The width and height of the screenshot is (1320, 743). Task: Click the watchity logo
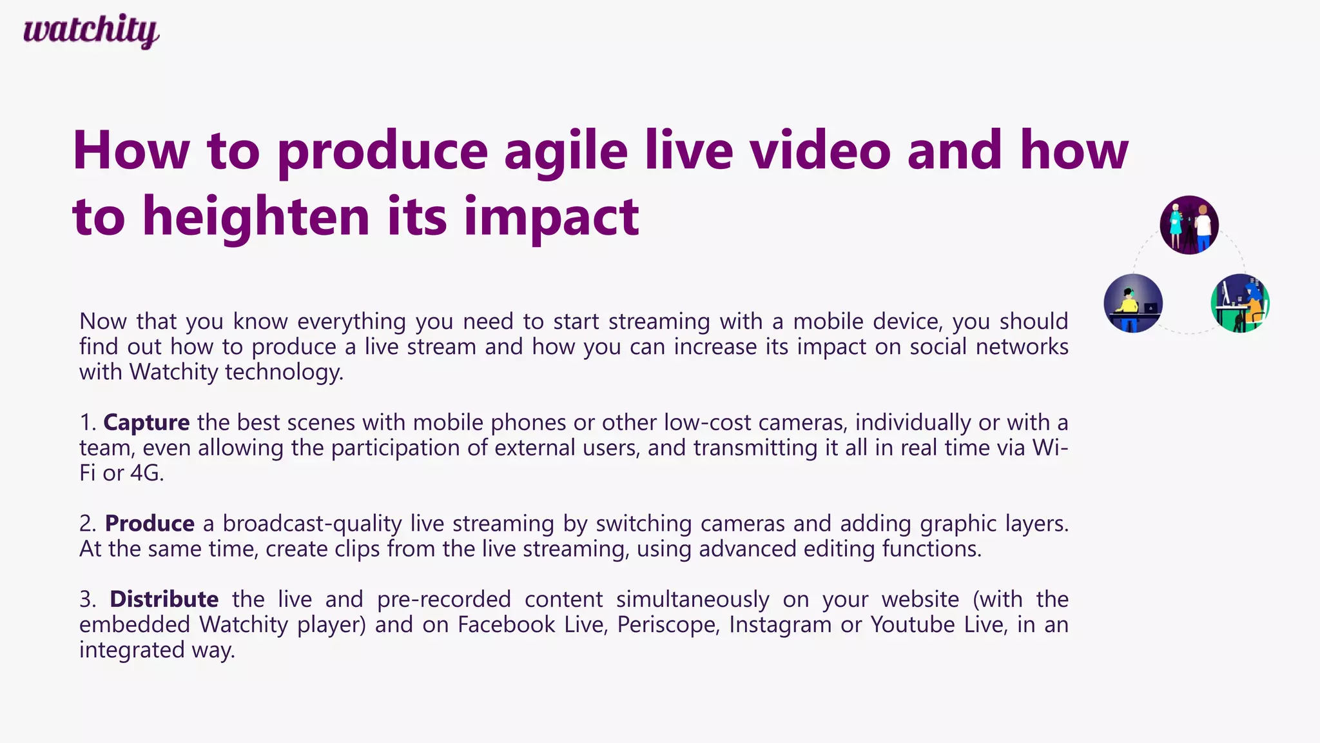pyautogui.click(x=91, y=31)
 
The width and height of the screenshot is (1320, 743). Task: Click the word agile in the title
pyautogui.click(x=565, y=152)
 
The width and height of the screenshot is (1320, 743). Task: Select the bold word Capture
pyautogui.click(x=146, y=422)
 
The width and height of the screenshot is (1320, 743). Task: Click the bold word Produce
pyautogui.click(x=150, y=523)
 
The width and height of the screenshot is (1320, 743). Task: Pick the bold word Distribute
pyautogui.click(x=164, y=599)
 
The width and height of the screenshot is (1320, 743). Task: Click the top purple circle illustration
pyautogui.click(x=1189, y=225)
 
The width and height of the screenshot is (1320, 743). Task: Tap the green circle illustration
pyautogui.click(x=1240, y=303)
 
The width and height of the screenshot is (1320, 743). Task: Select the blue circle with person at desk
pyautogui.click(x=1133, y=303)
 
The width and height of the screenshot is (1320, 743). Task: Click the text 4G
pyautogui.click(x=147, y=473)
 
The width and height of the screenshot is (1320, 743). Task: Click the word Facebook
pyautogui.click(x=507, y=624)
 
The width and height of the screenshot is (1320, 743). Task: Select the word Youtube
pyautogui.click(x=913, y=624)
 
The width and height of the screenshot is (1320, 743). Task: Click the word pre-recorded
pyautogui.click(x=443, y=599)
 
